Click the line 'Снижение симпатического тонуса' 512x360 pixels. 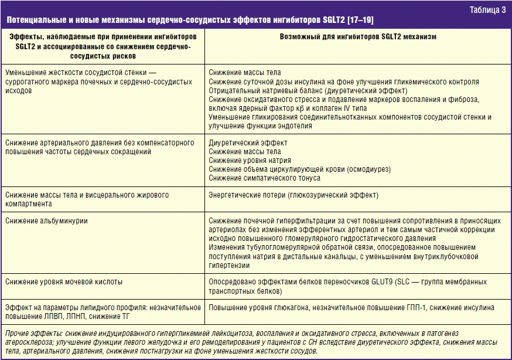tap(265, 178)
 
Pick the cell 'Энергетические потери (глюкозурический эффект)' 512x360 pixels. tap(293, 195)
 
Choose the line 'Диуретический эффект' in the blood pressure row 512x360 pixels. tap(248, 142)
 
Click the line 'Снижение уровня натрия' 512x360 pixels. tap(250, 160)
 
